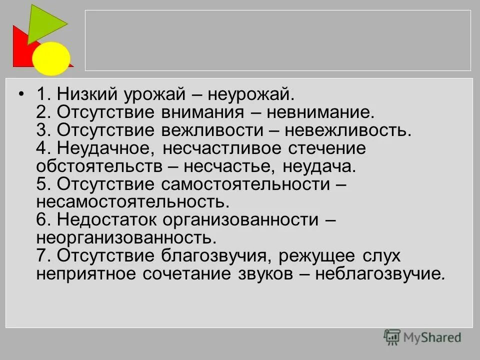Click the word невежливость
tap(348, 130)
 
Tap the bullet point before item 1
tap(21, 94)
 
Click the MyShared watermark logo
tap(422, 337)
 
